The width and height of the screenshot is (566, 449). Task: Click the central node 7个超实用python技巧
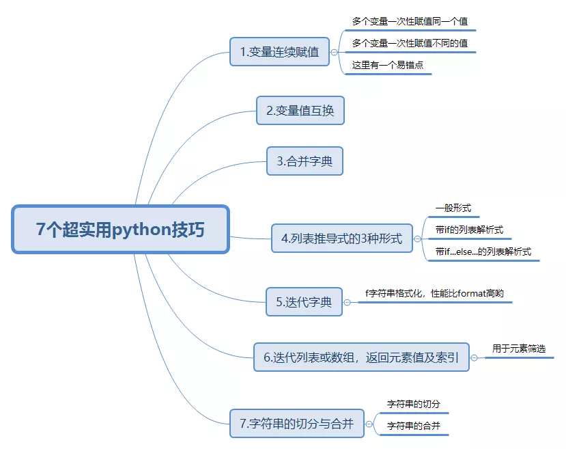[120, 230]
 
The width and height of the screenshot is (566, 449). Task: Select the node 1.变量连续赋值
[279, 51]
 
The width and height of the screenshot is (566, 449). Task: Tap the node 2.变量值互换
[300, 110]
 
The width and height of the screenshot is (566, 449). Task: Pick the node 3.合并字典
[304, 161]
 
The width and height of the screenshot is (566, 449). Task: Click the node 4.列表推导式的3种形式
[341, 239]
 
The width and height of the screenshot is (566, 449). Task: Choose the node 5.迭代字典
[304, 301]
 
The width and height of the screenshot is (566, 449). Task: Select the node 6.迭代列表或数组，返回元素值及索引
[361, 357]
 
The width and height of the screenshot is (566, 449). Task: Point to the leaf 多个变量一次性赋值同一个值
[410, 22]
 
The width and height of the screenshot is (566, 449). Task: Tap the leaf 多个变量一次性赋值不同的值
[410, 44]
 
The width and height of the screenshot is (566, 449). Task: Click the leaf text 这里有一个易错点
[387, 66]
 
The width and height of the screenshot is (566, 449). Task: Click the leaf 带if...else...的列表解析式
[483, 251]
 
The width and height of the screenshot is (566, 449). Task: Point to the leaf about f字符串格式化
[434, 293]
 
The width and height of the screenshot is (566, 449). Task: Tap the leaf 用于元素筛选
[519, 349]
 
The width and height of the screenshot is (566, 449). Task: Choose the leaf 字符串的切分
[414, 404]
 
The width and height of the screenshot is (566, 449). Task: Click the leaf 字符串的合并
[414, 426]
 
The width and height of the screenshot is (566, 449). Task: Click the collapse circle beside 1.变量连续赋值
[334, 52]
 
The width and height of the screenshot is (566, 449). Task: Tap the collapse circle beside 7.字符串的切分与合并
[369, 424]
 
